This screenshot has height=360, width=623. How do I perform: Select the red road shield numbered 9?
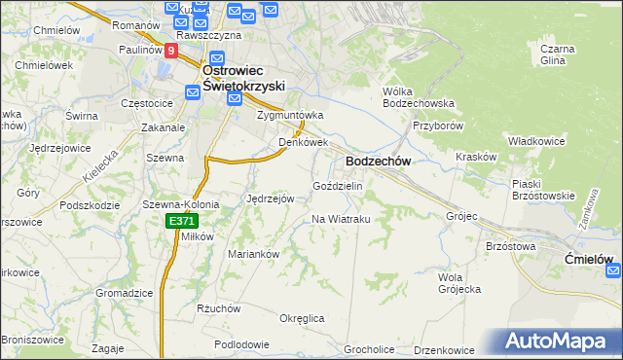pyautogui.click(x=171, y=51)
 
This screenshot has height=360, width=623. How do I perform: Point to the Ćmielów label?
pyautogui.click(x=591, y=260)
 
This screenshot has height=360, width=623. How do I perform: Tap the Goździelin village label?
pyautogui.click(x=337, y=186)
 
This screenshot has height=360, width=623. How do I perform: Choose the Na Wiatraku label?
pyautogui.click(x=341, y=219)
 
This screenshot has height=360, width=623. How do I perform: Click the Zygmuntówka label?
pyautogui.click(x=289, y=115)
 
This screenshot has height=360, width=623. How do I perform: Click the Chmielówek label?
pyautogui.click(x=44, y=66)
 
